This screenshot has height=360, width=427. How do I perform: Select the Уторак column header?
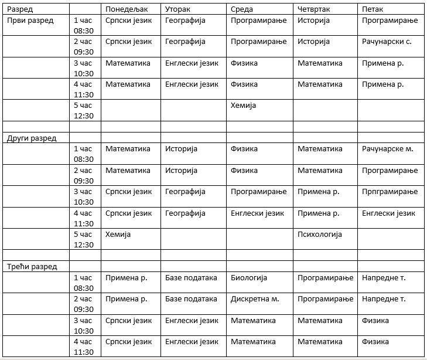pos(177,9)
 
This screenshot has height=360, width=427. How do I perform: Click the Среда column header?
pos(242,9)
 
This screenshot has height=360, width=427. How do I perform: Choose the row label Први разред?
pos(30,21)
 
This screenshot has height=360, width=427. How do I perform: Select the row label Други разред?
pos(32,138)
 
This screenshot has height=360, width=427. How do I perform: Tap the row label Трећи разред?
pos(32,266)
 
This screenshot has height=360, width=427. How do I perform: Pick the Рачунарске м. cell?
pos(388,149)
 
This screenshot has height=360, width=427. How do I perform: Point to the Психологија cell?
pos(320,235)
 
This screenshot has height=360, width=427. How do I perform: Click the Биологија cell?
pos(249,277)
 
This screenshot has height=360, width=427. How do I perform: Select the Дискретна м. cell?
pos(255,298)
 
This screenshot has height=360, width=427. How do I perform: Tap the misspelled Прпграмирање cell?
pos(390,192)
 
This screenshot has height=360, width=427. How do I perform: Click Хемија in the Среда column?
pos(243,106)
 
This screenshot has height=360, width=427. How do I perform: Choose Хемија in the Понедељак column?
pos(118,235)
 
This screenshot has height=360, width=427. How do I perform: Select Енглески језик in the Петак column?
pos(388,213)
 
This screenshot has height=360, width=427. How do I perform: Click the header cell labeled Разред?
pos(20,9)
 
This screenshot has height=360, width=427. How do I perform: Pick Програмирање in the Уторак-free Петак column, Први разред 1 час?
pos(390,21)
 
